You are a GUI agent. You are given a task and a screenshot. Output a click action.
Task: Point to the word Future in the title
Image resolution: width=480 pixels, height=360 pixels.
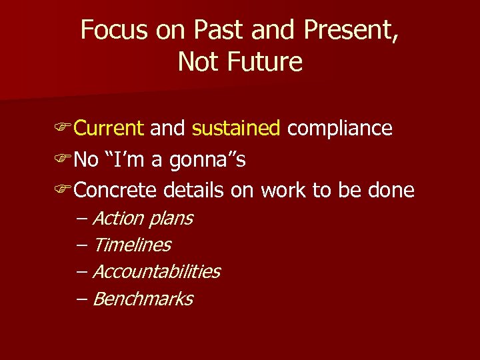point(265,62)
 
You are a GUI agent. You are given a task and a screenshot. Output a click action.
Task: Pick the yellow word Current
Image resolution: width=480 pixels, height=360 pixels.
point(109,128)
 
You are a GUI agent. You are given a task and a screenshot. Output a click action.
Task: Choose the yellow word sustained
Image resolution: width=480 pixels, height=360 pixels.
point(236,128)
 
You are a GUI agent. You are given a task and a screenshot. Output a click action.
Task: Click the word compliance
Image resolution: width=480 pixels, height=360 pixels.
point(340,128)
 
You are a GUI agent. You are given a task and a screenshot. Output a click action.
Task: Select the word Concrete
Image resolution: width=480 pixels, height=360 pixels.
point(115,191)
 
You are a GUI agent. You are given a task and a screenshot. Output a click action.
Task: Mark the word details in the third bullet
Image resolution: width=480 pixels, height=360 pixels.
point(193,191)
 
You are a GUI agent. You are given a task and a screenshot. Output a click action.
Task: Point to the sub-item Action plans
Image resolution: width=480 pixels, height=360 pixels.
point(142,219)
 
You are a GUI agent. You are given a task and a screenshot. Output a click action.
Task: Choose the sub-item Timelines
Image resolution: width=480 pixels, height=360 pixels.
point(131,245)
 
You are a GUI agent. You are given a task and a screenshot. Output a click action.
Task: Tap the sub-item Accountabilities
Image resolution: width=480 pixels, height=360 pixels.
point(156,272)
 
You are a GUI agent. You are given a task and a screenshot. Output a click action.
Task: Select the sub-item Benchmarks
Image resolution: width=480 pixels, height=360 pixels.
point(142,299)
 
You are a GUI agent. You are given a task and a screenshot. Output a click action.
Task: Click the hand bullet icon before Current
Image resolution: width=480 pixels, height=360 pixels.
point(64,129)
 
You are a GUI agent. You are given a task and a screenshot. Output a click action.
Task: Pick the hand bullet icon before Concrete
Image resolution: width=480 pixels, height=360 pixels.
point(64,191)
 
